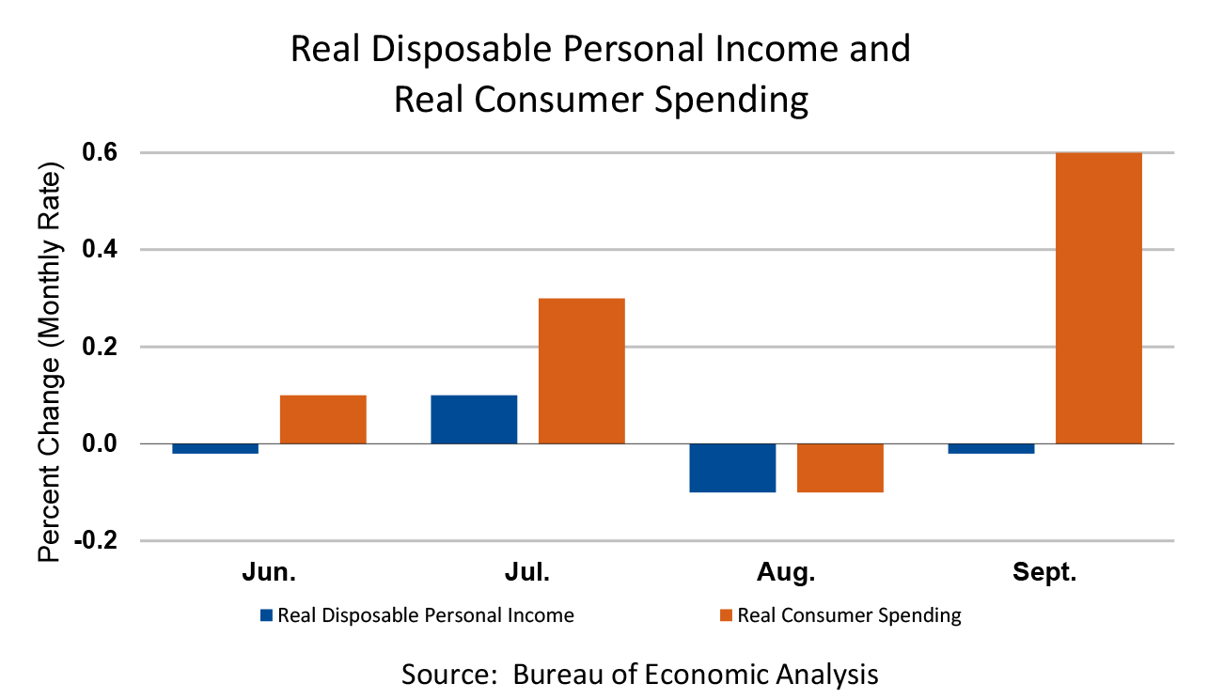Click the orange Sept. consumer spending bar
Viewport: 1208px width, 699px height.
pos(1098,297)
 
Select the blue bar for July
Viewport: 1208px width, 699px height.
pos(474,419)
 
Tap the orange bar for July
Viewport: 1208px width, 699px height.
pos(581,370)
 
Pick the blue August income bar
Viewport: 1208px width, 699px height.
pos(732,468)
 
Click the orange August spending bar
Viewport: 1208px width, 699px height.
pos(839,468)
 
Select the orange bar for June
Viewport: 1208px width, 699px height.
pos(322,419)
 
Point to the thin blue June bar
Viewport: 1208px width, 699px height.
pos(215,448)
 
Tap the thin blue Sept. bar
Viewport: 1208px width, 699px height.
pos(991,448)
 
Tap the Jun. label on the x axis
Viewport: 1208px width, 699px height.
pos(269,573)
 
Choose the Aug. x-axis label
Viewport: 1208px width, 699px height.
pos(786,573)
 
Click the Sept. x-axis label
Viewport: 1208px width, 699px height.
pos(1043,573)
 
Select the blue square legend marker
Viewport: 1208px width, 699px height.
pos(267,616)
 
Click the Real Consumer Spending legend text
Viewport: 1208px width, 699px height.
pos(849,616)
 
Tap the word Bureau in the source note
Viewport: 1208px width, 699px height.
pos(555,674)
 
